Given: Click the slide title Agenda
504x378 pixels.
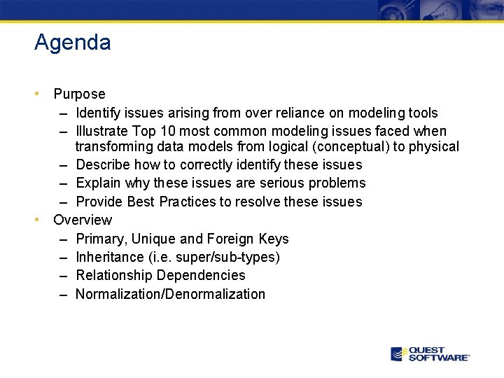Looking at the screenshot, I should [x=72, y=43].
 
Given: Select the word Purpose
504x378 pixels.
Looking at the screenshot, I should [x=79, y=94].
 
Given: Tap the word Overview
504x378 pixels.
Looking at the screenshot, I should [x=83, y=220].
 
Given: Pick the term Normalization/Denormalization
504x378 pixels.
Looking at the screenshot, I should [x=170, y=294].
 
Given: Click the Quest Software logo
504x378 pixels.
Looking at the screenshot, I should [x=430, y=354].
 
